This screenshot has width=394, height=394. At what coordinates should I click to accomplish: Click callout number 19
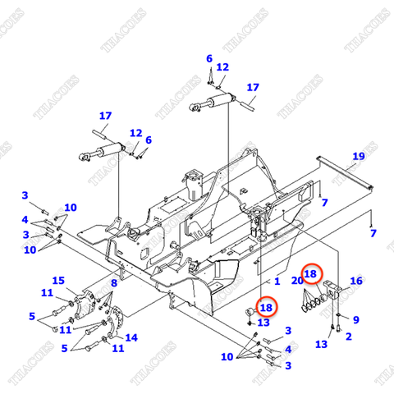point(359,156)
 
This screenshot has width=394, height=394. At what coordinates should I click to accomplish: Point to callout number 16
point(355,282)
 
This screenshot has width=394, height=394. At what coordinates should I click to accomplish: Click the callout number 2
point(348,337)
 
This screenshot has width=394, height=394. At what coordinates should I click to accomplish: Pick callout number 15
point(58,281)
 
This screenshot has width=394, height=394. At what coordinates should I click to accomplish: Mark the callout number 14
point(131,337)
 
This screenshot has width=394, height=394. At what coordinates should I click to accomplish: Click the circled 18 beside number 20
point(311,274)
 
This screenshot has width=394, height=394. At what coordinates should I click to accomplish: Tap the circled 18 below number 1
point(265,307)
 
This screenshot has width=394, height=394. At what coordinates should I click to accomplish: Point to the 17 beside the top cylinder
point(253,87)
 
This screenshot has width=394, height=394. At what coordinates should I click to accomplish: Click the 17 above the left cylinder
point(105,116)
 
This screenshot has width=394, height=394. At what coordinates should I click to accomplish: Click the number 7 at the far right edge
point(373,234)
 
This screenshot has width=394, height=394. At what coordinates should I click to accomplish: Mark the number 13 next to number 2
point(322,345)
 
